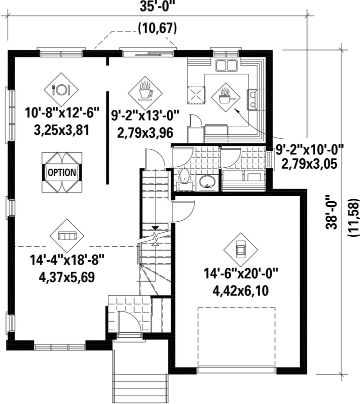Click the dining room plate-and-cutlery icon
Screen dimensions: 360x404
click(61, 89)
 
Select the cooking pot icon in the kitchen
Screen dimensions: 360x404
click(225, 97)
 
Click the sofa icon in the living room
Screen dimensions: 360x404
click(67, 236)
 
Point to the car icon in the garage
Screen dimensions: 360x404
click(240, 249)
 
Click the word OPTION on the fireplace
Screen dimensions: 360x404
click(62, 172)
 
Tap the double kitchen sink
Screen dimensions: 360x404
click(226, 65)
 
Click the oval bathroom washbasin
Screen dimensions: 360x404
click(207, 182)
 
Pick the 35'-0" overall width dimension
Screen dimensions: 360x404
click(157, 6)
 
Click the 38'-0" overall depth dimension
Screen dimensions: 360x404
click(331, 212)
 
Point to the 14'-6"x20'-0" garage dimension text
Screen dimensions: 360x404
click(241, 273)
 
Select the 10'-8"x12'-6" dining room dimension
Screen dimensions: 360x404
click(62, 113)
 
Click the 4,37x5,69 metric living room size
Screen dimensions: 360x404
click(66, 277)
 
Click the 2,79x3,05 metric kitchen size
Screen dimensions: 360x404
click(309, 164)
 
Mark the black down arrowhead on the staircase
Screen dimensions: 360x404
click(155, 228)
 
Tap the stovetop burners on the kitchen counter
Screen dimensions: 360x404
click(252, 100)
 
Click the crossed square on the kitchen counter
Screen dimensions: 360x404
click(196, 95)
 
